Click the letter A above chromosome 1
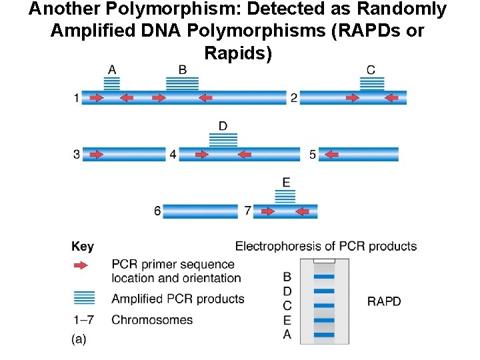(112, 69)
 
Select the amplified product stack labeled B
(182, 84)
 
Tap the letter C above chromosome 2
(371, 70)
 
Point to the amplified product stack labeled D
(223, 140)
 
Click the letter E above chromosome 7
(286, 182)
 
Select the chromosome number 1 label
(77, 98)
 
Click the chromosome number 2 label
(294, 98)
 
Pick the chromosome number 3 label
(77, 155)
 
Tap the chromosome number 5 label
(313, 155)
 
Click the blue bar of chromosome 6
(200, 211)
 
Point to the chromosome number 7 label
(247, 211)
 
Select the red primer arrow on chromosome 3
(96, 155)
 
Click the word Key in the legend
(83, 247)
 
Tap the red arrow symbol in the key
(81, 265)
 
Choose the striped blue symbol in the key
(84, 297)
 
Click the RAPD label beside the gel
(384, 301)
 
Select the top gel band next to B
(324, 276)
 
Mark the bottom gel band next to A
(324, 334)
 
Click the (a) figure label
(79, 339)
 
